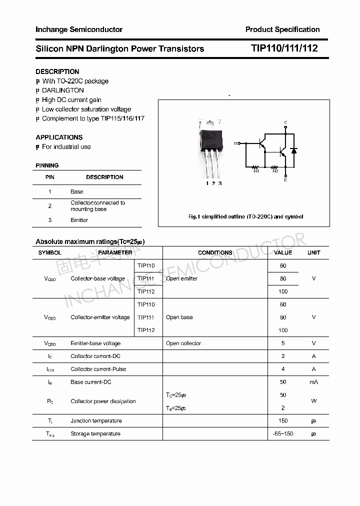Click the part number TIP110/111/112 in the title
[x=284, y=48]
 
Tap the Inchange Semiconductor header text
[x=79, y=29]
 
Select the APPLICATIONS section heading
[x=59, y=137]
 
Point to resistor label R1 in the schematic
[x=256, y=171]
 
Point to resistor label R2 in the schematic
[x=275, y=171]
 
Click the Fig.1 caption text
[x=245, y=216]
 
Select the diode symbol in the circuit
[x=294, y=150]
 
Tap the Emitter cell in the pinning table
[x=79, y=220]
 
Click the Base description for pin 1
[x=76, y=191]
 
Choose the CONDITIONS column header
[x=215, y=252]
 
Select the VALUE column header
[x=283, y=252]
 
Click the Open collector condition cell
[x=183, y=343]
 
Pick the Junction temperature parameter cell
[x=96, y=421]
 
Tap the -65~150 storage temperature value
[x=283, y=434]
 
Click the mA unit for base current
[x=313, y=382]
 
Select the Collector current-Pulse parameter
[x=98, y=369]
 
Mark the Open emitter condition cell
[x=181, y=278]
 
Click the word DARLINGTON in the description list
[x=63, y=90]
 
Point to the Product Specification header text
[x=282, y=29]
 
